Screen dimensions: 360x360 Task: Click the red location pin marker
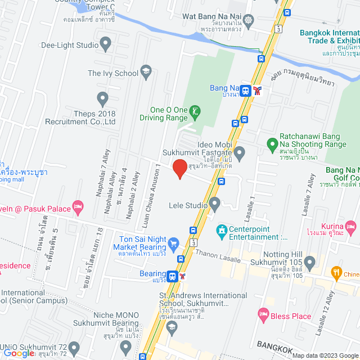pyautogui.click(x=179, y=169)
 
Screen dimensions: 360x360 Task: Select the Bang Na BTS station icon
pyautogui.click(x=245, y=90)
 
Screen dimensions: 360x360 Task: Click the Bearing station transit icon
pyautogui.click(x=173, y=276)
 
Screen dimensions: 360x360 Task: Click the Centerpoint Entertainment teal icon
pyautogui.click(x=222, y=230)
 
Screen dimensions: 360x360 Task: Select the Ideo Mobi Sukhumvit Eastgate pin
pyautogui.click(x=239, y=152)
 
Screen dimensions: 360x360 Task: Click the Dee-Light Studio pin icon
pyautogui.click(x=105, y=43)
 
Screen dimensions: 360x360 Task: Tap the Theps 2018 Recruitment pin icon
pyautogui.click(x=102, y=99)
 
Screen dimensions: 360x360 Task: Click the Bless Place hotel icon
pyautogui.click(x=263, y=313)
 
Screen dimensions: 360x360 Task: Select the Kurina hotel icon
pyautogui.click(x=351, y=227)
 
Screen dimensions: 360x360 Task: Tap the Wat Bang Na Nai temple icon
pyautogui.click(x=249, y=17)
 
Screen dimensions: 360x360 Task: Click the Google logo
pyautogui.click(x=19, y=353)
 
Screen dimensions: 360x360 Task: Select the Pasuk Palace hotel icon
pyautogui.click(x=78, y=208)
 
